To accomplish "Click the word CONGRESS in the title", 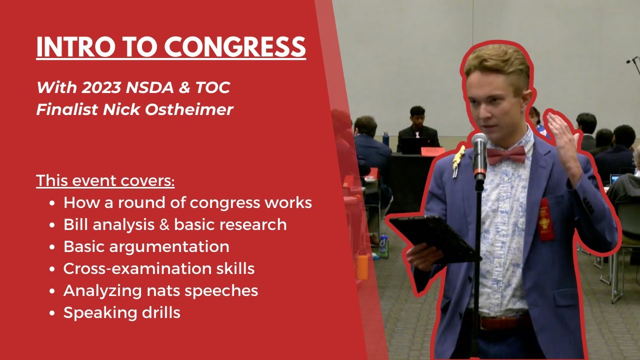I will click(235, 47).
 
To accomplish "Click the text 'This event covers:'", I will click(105, 180).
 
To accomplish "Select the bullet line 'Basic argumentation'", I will click(146, 246).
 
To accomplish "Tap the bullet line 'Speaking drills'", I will click(121, 312).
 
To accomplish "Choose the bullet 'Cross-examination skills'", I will click(158, 268).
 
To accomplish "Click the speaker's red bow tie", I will click(506, 155).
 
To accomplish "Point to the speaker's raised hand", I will click(562, 132).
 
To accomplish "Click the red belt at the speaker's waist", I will click(502, 321).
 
